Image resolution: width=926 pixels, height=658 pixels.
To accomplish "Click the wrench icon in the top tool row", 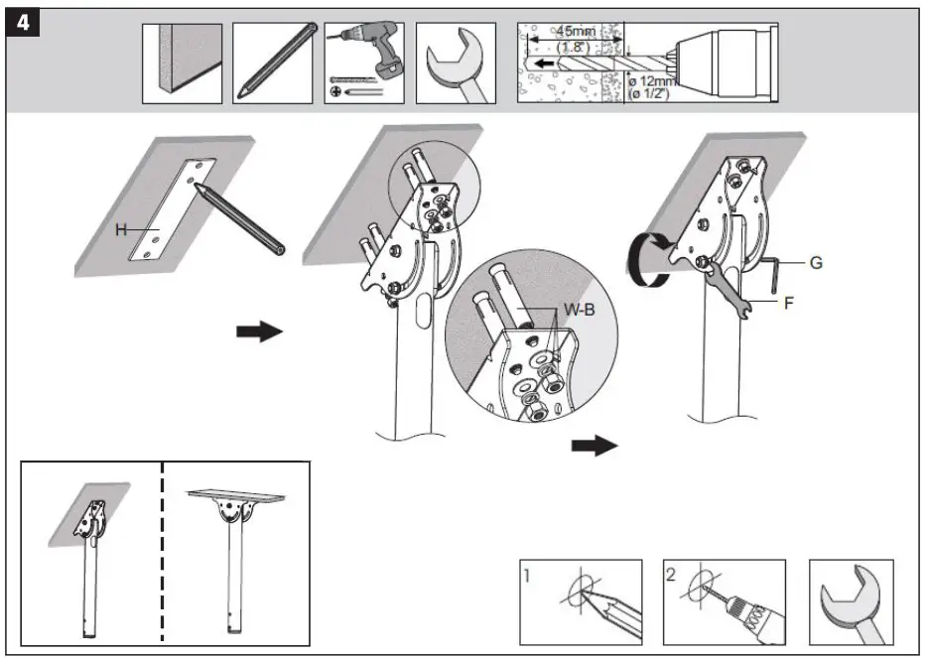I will pyautogui.click(x=455, y=63).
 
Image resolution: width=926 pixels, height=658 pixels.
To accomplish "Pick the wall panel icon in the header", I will pyautogui.click(x=182, y=63).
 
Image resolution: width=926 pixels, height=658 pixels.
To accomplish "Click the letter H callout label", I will pyautogui.click(x=120, y=229).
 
